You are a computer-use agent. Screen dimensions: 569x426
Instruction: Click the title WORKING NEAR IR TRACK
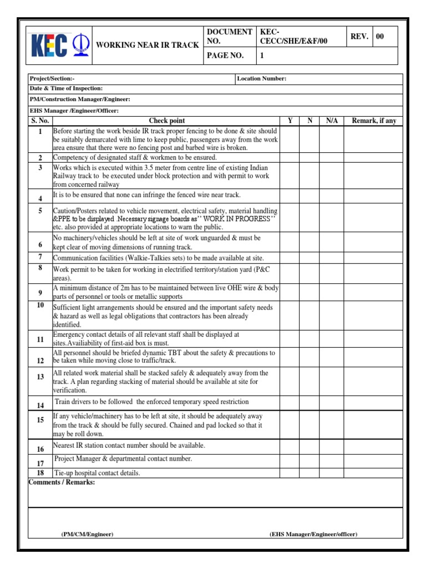click(148, 45)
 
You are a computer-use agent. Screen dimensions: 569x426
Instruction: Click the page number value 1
click(262, 56)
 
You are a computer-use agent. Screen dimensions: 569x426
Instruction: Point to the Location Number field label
click(262, 78)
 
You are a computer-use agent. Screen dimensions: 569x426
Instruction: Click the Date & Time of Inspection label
click(66, 88)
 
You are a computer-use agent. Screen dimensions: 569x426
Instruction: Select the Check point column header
click(166, 121)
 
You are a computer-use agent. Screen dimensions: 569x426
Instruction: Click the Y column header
click(290, 121)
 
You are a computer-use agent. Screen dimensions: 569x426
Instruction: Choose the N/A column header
click(332, 121)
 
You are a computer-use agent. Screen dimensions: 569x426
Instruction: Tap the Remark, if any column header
click(374, 121)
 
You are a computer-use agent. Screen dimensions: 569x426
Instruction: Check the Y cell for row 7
click(290, 258)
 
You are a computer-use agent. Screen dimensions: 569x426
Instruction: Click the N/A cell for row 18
click(332, 473)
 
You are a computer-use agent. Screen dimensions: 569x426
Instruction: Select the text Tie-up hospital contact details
click(97, 473)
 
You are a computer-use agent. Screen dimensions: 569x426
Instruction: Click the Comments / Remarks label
click(62, 482)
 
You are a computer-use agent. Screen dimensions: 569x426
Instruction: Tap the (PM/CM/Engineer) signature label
click(87, 534)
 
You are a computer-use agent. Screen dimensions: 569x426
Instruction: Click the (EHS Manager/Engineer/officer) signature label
click(313, 534)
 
